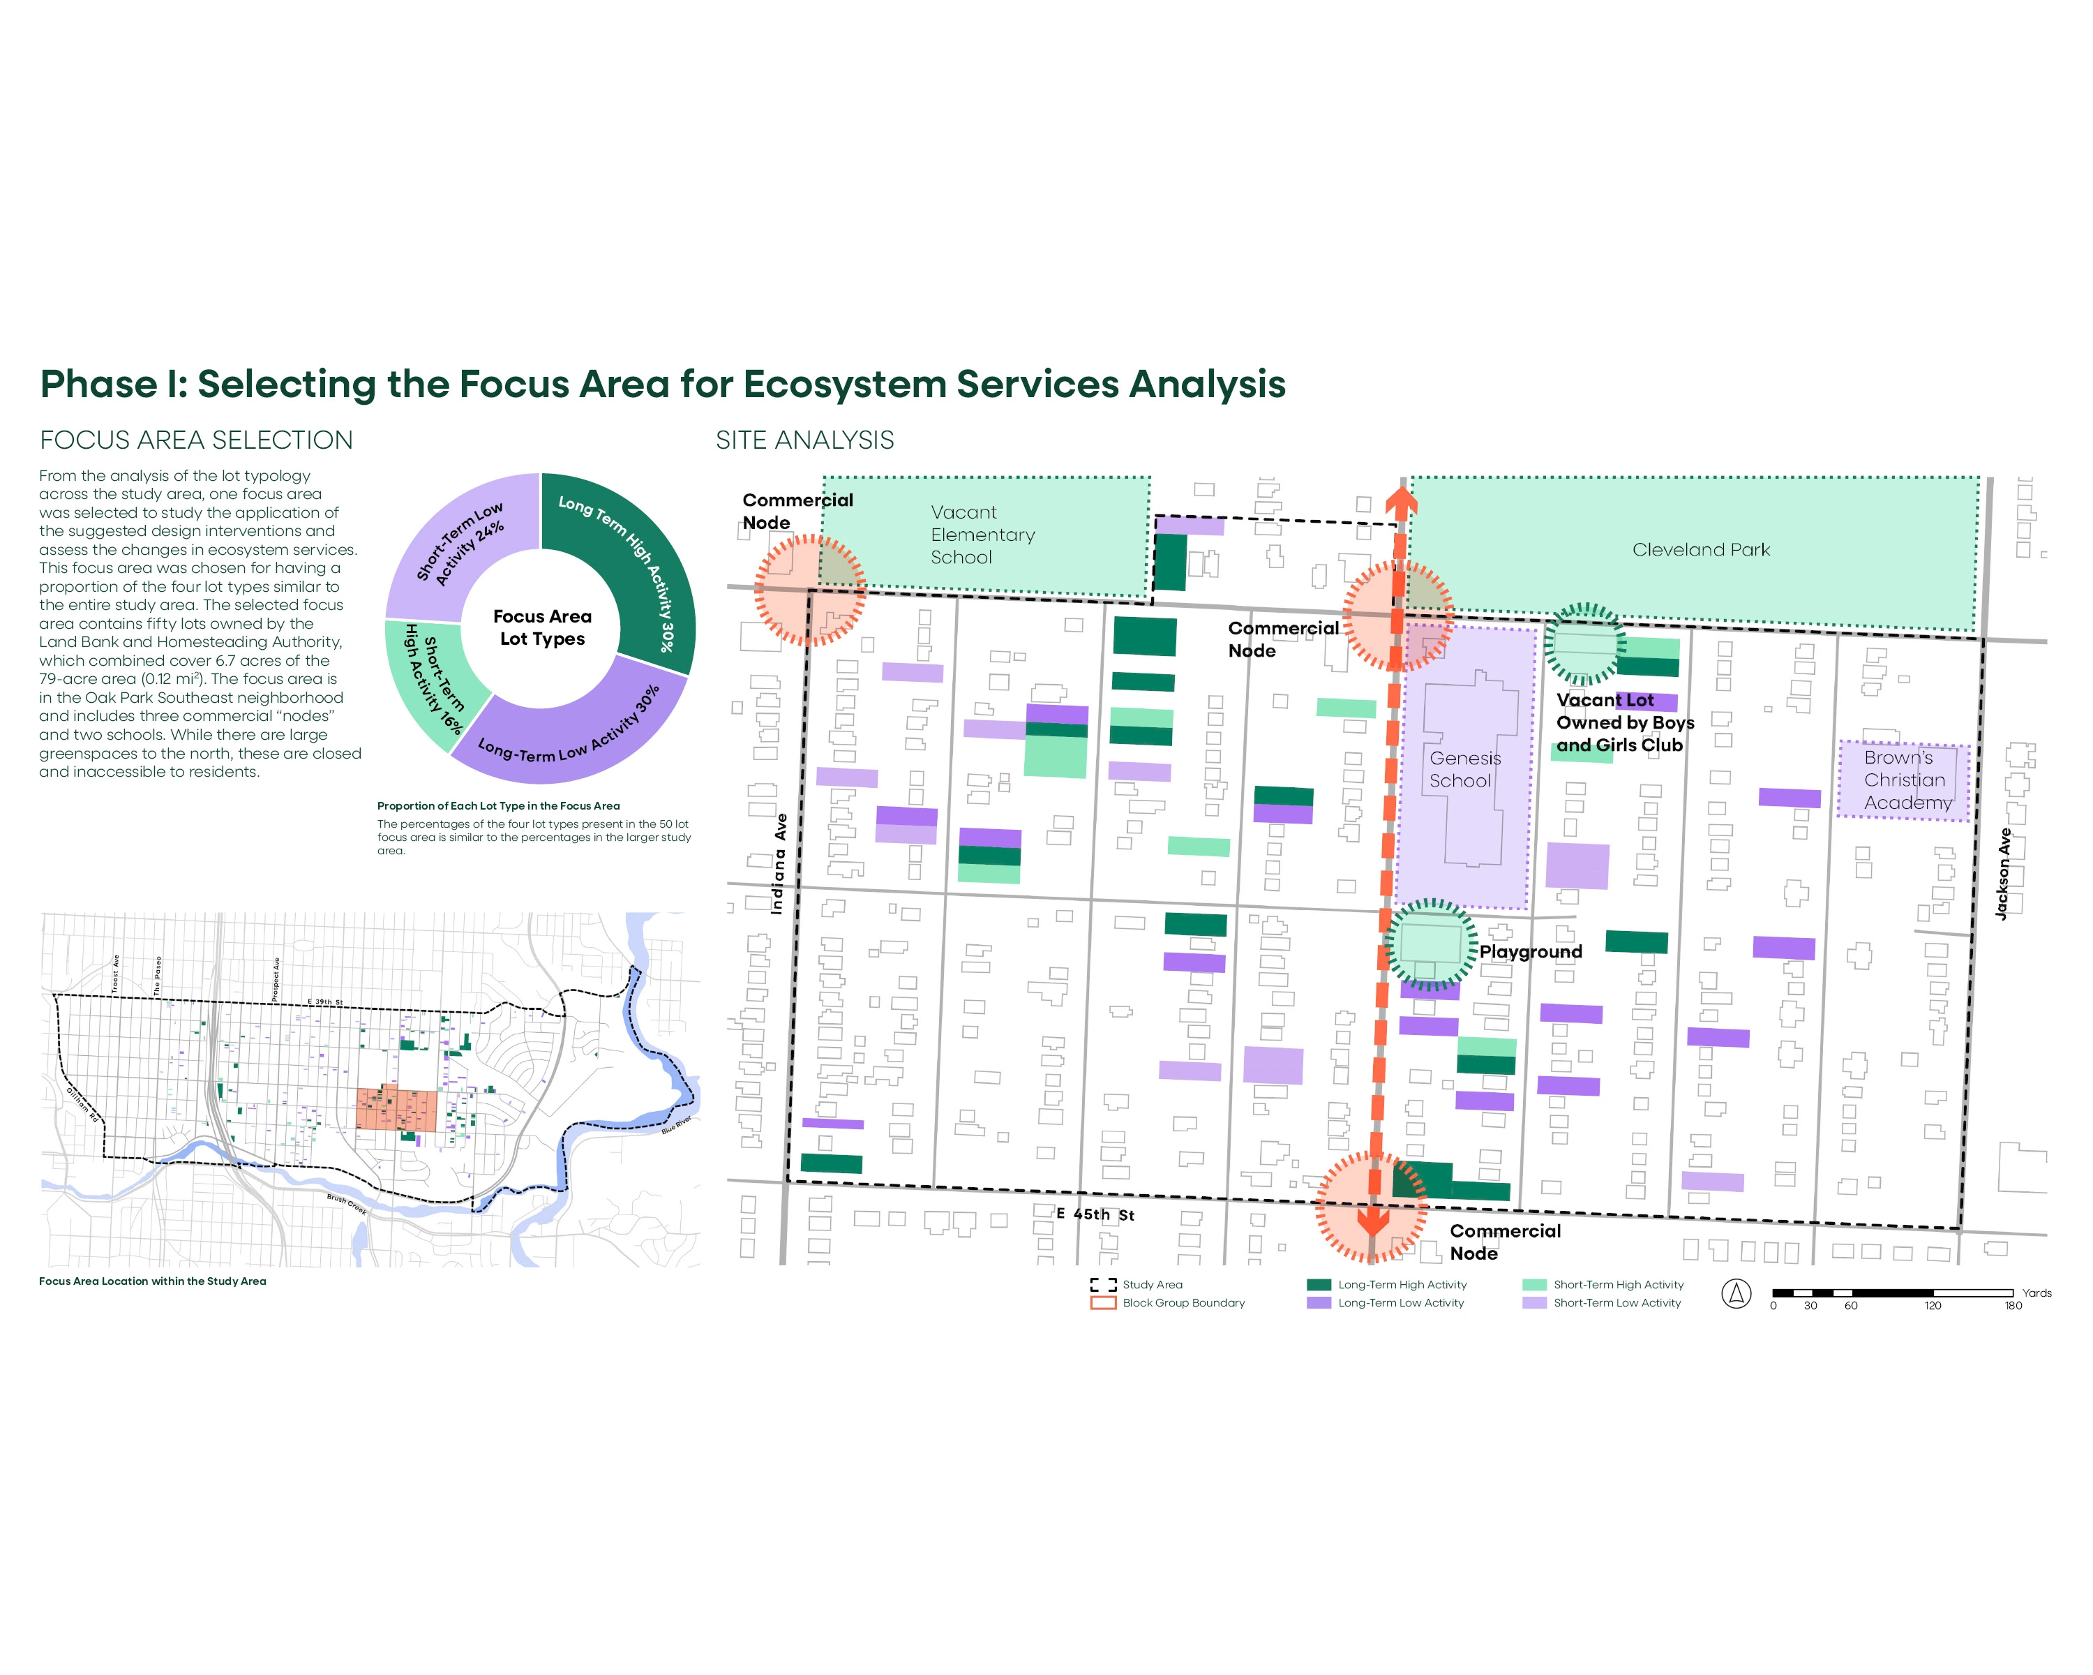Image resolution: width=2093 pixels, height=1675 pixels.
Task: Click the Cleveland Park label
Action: [1701, 549]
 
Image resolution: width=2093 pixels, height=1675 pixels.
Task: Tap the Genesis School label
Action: [1464, 769]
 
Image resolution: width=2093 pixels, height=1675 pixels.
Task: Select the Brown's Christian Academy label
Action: [1905, 780]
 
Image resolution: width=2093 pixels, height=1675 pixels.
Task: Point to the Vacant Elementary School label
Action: [982, 534]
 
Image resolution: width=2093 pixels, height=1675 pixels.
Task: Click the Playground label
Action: [1530, 951]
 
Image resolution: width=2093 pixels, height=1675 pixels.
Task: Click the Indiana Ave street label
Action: [779, 863]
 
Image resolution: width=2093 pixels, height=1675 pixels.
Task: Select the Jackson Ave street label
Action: [2003, 874]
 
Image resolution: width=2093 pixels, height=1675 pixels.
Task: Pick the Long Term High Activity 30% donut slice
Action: [631, 563]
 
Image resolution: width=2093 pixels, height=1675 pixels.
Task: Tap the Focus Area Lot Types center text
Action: [541, 627]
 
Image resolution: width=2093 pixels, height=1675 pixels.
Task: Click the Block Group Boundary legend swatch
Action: [1103, 1303]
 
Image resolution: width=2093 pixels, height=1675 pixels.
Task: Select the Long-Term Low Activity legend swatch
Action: [1319, 1303]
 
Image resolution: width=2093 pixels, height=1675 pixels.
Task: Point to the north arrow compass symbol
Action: [1736, 1293]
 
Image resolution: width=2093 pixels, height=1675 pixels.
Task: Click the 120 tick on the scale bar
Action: [1933, 1306]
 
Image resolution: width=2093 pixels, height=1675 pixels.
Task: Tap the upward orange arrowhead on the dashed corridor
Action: [1400, 501]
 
